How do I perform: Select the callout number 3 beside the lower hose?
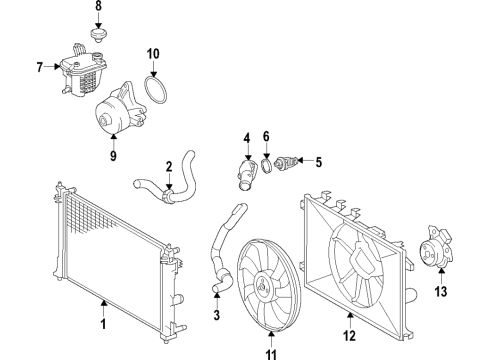coord(215,318)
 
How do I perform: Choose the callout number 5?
coord(318,159)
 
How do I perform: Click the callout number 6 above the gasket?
coord(266,136)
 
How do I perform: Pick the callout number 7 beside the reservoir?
coord(39,68)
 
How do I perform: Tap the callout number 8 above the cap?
coord(98,8)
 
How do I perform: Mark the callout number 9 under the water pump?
coord(113,155)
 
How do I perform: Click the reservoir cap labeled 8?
coord(98,36)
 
